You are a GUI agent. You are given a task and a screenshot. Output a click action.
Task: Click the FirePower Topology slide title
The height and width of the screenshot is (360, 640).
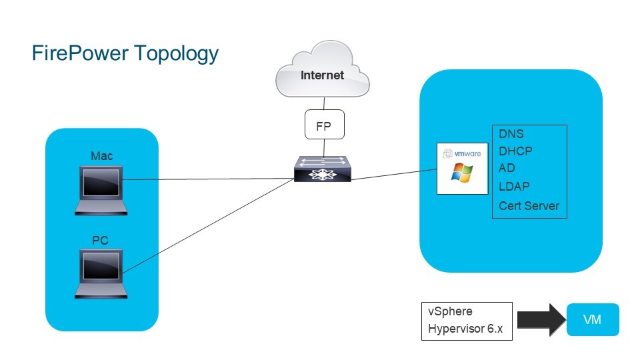click(x=125, y=53)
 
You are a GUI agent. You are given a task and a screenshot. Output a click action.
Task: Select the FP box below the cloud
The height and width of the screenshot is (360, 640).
click(x=323, y=125)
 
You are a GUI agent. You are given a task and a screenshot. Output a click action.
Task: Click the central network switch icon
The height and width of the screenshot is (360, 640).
click(x=323, y=169)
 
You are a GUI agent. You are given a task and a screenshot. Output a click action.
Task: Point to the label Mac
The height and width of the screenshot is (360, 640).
click(x=101, y=156)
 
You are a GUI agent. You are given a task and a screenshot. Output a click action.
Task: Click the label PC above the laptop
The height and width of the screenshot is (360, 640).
click(x=100, y=240)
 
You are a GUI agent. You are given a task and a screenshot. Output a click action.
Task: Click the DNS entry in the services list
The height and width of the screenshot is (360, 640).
click(x=511, y=134)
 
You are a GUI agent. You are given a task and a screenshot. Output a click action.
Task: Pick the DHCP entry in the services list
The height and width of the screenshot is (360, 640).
click(x=515, y=151)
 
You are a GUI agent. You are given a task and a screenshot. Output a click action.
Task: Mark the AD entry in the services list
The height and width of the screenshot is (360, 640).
click(x=507, y=168)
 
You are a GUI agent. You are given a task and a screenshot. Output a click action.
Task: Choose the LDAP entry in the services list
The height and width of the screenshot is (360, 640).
click(x=514, y=187)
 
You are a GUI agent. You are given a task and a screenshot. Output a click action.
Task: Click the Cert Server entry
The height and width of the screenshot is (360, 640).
click(x=529, y=206)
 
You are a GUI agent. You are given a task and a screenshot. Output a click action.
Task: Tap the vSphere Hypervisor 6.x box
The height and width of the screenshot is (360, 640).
click(x=467, y=321)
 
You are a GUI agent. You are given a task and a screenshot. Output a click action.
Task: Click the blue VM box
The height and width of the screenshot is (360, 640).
click(x=592, y=320)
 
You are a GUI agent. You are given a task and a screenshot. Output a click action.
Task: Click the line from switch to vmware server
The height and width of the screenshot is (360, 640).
click(x=393, y=175)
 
